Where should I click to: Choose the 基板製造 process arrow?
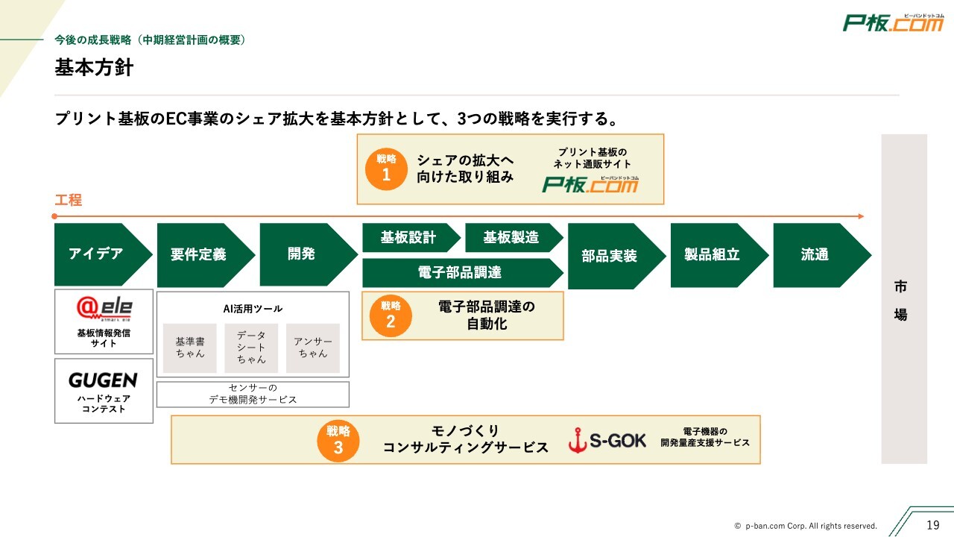(511, 238)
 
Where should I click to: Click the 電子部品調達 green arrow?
(460, 273)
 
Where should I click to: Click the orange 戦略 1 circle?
(386, 169)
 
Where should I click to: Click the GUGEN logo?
(103, 380)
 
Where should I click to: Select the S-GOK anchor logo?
(607, 441)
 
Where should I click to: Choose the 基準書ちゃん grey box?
(190, 348)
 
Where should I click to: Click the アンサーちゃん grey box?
(313, 348)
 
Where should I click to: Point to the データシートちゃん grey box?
(251, 348)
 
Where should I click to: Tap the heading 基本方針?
(94, 68)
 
